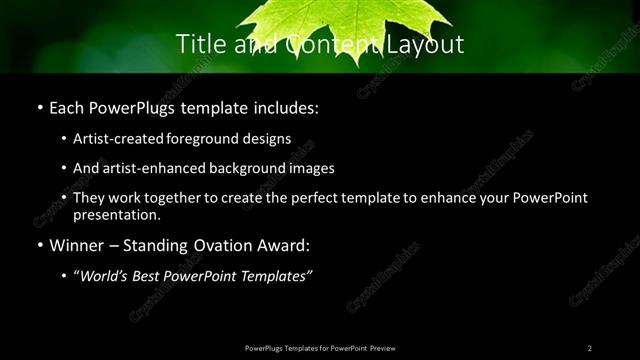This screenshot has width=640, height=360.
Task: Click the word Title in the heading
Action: (x=199, y=44)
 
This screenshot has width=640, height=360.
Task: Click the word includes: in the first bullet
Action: (x=283, y=107)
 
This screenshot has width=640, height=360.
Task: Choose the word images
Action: (x=308, y=168)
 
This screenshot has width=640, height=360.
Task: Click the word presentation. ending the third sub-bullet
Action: (x=116, y=214)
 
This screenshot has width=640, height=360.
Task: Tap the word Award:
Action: (x=287, y=244)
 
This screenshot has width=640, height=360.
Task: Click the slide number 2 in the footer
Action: (x=589, y=347)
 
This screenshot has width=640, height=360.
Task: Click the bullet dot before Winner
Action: (x=39, y=244)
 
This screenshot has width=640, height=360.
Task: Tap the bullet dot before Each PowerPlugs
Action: (x=39, y=107)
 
